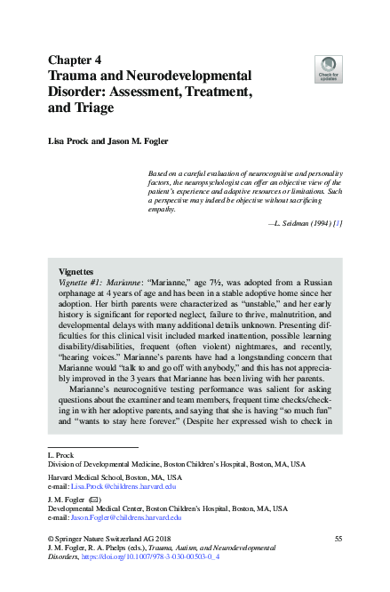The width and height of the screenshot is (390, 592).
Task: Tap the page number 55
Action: pyautogui.click(x=337, y=540)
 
